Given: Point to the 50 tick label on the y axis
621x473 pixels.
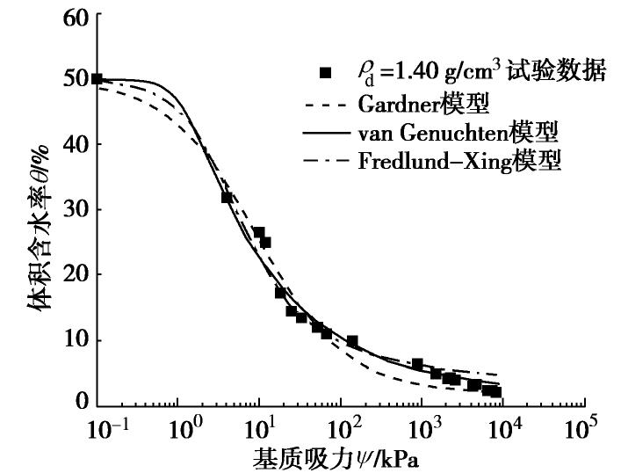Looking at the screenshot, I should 76,79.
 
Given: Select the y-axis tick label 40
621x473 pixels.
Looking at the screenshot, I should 76,144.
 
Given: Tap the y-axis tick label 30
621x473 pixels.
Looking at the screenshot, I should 76,209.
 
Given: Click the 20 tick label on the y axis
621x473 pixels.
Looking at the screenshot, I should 76,274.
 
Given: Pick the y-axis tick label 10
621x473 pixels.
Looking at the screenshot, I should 76,340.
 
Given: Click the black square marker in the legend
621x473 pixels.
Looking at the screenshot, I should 325,73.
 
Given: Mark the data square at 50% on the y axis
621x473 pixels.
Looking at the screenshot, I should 97,79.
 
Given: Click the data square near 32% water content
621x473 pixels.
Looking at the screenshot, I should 227,198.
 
